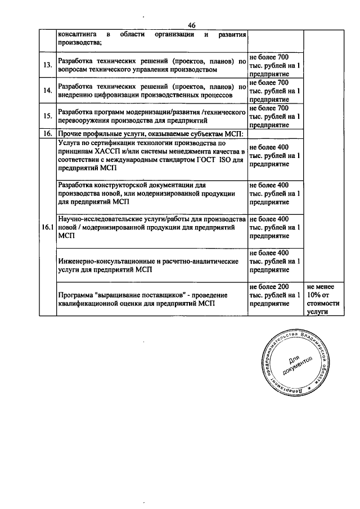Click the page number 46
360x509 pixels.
[192, 25]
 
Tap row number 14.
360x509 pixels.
[48, 91]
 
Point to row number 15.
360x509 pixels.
[48, 116]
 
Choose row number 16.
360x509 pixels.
[48, 134]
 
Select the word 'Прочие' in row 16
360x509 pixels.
[70, 134]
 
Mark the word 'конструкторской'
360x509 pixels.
[121, 184]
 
